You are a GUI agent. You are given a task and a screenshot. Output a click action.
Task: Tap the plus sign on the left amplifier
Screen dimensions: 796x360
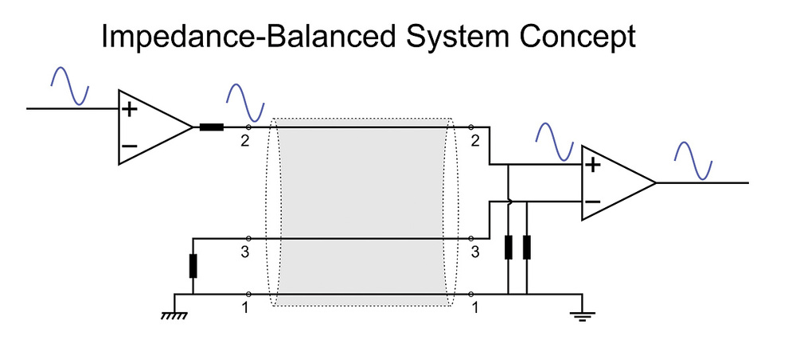[130, 108]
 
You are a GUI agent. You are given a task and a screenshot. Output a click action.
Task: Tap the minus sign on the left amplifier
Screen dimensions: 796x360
[130, 147]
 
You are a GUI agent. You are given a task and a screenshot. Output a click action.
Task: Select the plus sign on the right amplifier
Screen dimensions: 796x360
[592, 165]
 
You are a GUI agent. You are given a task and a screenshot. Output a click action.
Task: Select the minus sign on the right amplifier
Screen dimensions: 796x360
[592, 202]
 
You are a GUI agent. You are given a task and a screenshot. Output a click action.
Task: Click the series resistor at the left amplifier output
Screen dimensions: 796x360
[211, 127]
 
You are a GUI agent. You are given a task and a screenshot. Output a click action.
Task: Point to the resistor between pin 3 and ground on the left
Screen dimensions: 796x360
[193, 266]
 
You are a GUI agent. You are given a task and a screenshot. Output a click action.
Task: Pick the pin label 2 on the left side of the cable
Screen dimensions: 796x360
[244, 141]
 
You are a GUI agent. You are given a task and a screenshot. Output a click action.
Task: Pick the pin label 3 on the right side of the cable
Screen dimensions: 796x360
[475, 252]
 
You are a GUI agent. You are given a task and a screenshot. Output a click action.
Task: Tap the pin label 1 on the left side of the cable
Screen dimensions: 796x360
[245, 307]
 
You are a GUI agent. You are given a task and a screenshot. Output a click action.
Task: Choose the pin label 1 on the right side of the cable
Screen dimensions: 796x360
[475, 307]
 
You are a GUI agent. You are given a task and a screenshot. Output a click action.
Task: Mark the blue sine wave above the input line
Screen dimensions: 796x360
[70, 86]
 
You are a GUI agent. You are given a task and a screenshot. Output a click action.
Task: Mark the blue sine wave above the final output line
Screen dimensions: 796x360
[693, 160]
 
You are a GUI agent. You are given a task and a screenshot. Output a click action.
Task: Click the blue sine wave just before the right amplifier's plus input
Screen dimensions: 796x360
[555, 143]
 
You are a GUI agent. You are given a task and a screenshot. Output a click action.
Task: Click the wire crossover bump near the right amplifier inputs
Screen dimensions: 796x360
[509, 202]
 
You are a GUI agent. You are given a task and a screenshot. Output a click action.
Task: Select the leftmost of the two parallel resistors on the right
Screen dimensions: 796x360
[508, 248]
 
